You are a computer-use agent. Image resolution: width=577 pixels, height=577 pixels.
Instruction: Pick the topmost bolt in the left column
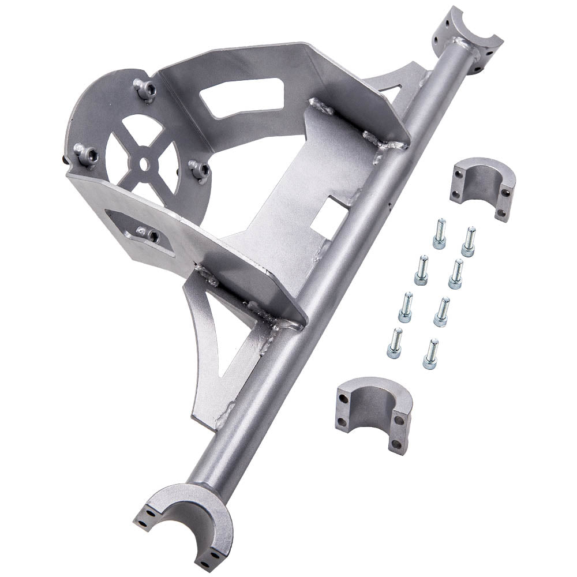pos(440,233)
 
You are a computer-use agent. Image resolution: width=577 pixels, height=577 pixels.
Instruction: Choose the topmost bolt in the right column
pos(469,241)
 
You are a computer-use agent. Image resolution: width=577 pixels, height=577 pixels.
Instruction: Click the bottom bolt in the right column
pos(430,354)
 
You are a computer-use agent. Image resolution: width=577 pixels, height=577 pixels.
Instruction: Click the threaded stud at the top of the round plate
pos(145,89)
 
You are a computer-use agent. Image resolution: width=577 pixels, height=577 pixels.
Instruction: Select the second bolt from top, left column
pos(422,270)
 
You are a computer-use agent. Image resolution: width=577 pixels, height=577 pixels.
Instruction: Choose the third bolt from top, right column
pos(441,312)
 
